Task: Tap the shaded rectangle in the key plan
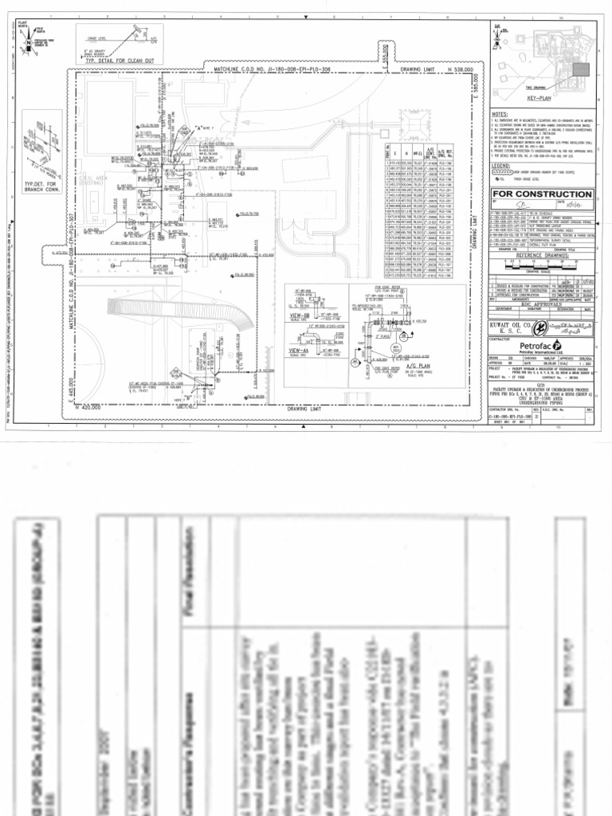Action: coord(581,69)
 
